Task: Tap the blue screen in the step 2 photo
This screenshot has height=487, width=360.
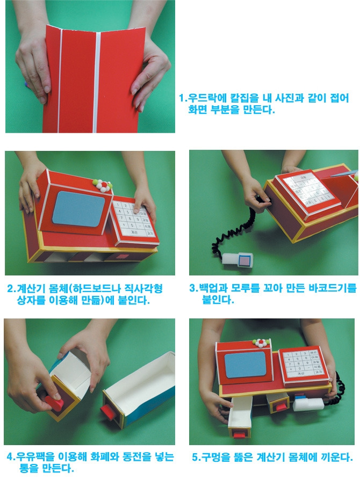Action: pyautogui.click(x=78, y=209)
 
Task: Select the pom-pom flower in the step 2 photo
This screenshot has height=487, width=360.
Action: pyautogui.click(x=103, y=185)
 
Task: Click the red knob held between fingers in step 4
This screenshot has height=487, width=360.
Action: pyautogui.click(x=55, y=403)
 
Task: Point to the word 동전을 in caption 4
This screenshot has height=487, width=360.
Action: pyautogui.click(x=136, y=456)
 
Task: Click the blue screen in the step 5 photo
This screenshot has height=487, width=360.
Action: pyautogui.click(x=246, y=365)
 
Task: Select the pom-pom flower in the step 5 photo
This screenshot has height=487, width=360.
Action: pyautogui.click(x=261, y=343)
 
